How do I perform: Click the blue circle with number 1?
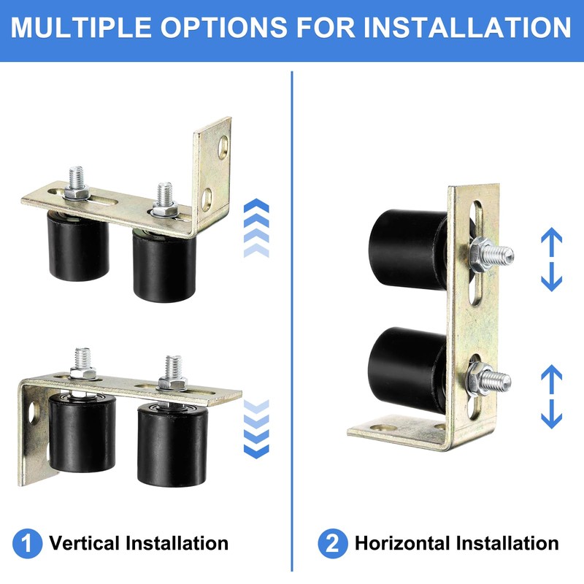[27, 544]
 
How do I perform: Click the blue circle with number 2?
[332, 544]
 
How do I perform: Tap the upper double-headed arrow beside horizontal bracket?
[551, 258]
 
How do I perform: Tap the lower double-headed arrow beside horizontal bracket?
[551, 397]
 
